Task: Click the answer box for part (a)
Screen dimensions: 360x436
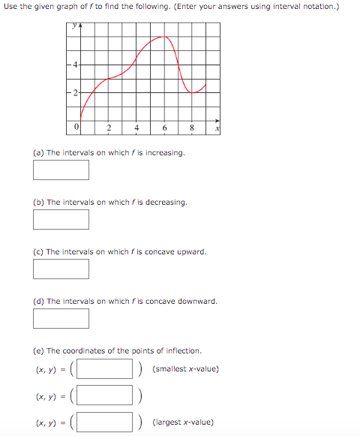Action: (61, 170)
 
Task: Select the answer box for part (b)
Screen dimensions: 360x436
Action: (61, 219)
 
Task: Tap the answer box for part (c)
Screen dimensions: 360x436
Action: (61, 269)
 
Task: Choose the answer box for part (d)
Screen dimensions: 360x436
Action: (61, 318)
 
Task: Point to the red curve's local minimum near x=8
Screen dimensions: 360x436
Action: (193, 92)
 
